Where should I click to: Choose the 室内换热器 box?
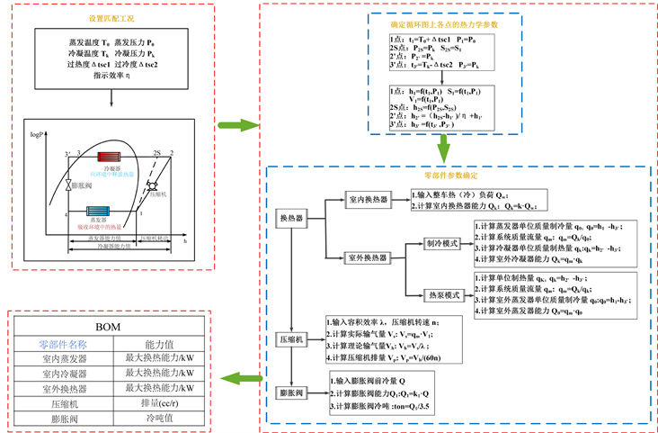369,200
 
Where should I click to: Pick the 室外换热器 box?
369,257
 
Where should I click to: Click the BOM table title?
111,327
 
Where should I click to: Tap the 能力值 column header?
159,344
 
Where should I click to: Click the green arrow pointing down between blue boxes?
443,149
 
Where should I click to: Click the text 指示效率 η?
112,78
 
